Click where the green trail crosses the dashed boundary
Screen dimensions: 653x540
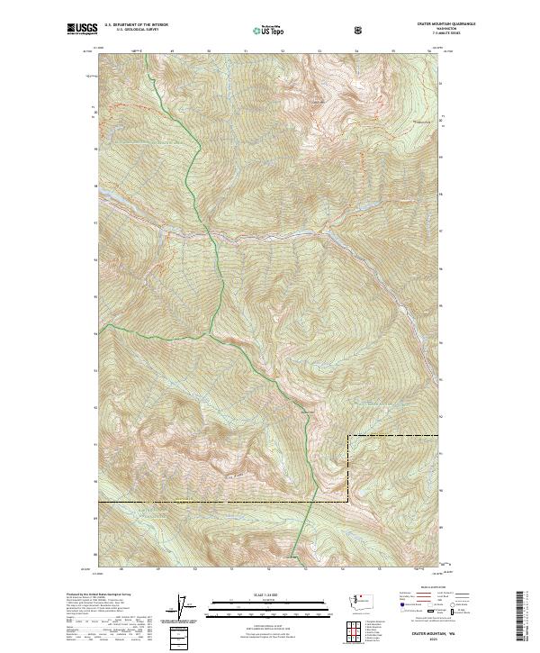click(314, 500)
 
